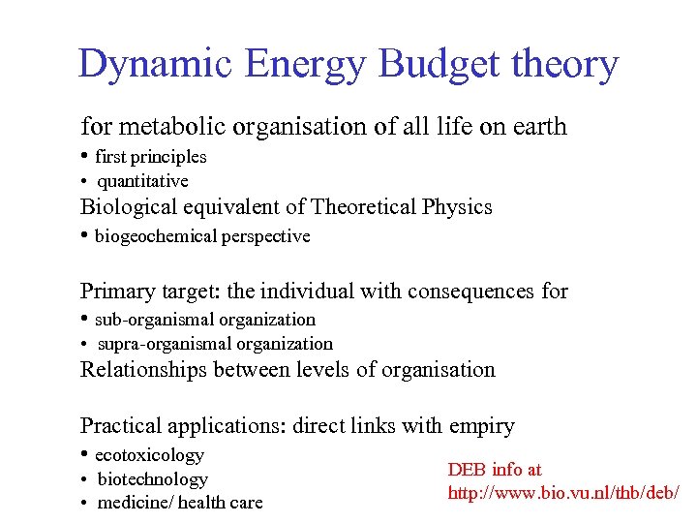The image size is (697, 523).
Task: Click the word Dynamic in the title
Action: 154,64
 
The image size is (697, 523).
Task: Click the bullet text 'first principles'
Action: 151,156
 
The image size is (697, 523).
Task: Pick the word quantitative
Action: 143,181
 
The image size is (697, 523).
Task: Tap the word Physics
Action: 458,207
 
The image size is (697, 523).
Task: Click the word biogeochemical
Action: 157,236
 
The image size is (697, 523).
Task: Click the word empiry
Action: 481,425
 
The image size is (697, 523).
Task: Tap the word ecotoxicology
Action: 149,455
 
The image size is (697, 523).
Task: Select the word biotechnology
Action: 153,479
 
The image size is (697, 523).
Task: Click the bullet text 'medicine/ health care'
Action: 180,503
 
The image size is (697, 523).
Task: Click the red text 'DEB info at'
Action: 495,470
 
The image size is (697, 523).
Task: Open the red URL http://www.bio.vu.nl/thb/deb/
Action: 563,493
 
